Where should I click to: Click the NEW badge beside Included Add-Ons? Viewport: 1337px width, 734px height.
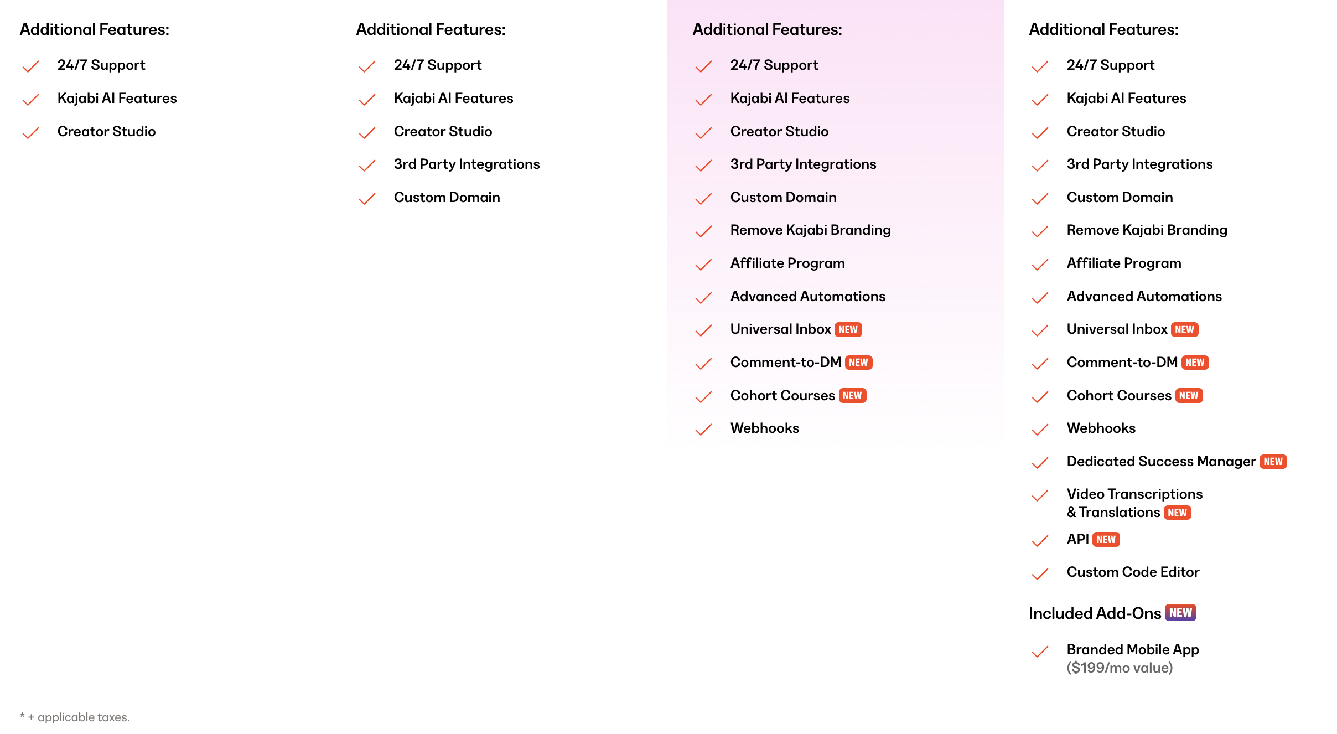(1180, 612)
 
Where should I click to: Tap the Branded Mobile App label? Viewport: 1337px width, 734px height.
(1132, 649)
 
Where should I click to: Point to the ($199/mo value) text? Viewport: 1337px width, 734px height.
(1120, 668)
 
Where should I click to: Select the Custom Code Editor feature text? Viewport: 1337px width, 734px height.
(1133, 572)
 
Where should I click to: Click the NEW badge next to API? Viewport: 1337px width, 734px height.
(1106, 540)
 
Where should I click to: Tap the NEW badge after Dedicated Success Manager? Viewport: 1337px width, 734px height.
(1273, 462)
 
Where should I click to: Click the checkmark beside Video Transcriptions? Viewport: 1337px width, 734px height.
(1040, 495)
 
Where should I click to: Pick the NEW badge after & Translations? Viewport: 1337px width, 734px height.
(1177, 513)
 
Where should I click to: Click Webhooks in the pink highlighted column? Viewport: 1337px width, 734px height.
(764, 428)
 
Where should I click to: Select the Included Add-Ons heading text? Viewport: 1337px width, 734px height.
(1095, 613)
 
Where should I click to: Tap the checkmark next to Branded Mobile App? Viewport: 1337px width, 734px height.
(1040, 652)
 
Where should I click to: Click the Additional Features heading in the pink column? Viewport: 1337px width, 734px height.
(767, 29)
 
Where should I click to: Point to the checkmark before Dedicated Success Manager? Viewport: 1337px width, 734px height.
(1040, 463)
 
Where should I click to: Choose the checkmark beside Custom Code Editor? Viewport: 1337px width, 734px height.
(1040, 574)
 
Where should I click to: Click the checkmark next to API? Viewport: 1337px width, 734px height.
(1040, 541)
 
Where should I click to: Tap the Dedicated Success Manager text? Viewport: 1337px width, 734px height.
(1161, 461)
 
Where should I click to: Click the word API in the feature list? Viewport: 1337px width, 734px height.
(1077, 539)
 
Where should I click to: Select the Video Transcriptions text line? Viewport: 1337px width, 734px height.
(1134, 494)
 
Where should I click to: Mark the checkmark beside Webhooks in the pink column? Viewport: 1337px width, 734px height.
(703, 430)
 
